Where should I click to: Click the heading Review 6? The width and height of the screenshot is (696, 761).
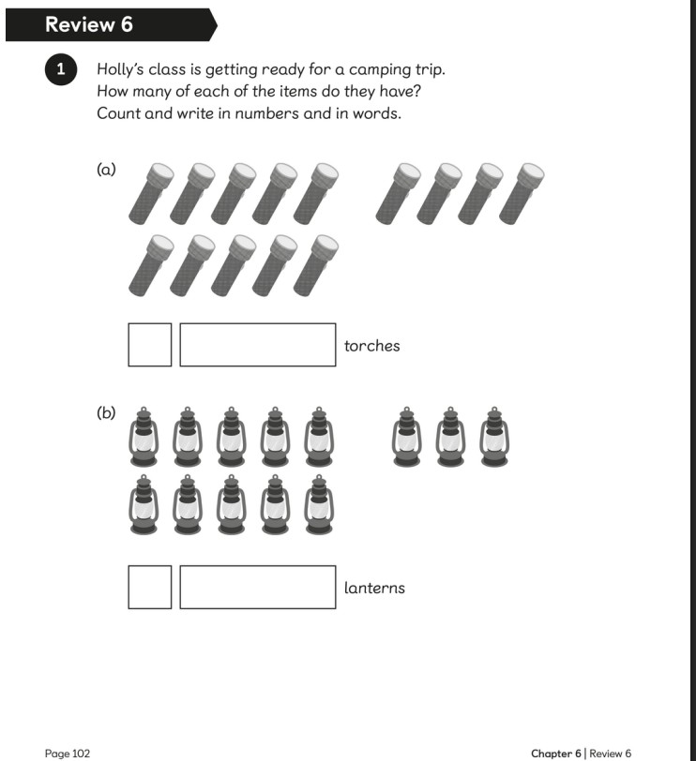(89, 24)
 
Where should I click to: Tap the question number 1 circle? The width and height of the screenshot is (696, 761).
(61, 69)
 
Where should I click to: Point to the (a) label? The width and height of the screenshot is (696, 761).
(106, 170)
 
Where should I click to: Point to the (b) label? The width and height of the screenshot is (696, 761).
(106, 413)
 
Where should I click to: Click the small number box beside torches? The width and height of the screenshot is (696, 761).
(149, 345)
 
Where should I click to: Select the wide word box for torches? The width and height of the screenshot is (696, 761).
(257, 345)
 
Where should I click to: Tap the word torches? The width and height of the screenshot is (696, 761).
(372, 346)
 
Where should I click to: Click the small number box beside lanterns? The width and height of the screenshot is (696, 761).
(149, 587)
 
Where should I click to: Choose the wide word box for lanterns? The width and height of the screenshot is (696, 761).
(257, 587)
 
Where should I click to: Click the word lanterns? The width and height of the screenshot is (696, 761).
(374, 589)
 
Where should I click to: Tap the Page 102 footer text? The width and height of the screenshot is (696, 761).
(68, 754)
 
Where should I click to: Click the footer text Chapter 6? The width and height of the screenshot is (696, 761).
(555, 754)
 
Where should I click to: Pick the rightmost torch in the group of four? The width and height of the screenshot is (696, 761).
(522, 194)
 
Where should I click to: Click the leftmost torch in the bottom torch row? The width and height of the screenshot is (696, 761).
(151, 265)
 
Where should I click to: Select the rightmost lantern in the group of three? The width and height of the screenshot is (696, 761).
(494, 437)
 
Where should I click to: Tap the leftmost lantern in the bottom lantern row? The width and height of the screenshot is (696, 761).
(144, 505)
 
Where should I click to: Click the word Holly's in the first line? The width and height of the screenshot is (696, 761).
(120, 69)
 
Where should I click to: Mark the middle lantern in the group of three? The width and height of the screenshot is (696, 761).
(450, 437)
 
